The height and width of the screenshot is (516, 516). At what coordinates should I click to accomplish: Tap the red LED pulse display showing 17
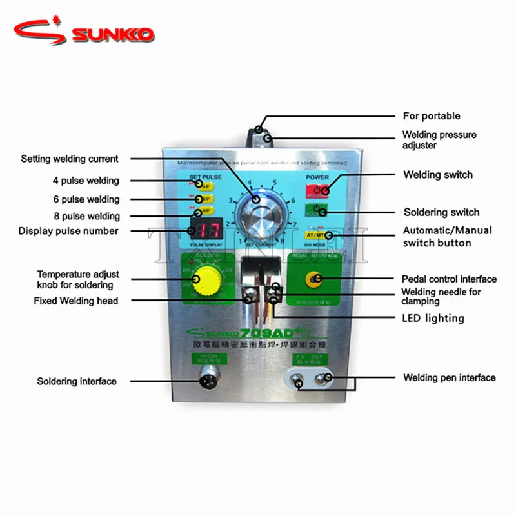206,228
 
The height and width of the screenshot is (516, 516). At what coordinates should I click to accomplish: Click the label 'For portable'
432,116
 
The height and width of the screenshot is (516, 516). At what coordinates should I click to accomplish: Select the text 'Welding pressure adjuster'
439,140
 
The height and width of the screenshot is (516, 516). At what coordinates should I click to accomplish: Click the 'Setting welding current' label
70,159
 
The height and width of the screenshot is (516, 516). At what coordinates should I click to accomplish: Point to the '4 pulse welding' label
86,181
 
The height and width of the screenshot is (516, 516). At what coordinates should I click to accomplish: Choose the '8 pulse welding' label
86,216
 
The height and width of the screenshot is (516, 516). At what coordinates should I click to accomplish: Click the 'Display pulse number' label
68,231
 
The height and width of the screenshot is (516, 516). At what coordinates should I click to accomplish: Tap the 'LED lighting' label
433,318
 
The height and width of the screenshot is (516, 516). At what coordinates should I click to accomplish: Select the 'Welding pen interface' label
450,377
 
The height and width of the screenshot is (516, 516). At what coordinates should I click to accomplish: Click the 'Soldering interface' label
77,381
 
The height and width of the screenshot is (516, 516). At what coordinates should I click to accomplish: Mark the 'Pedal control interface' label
449,279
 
